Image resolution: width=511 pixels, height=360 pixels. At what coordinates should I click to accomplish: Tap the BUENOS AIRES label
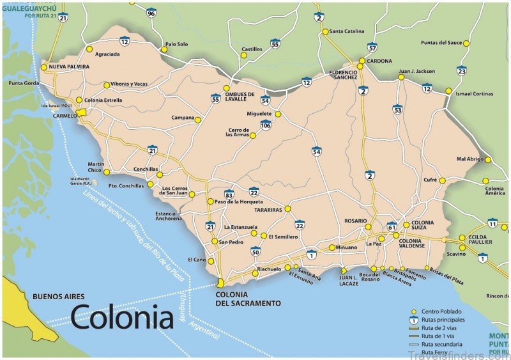click(x=59, y=297)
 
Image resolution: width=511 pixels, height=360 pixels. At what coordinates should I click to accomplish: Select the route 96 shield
click(x=151, y=12)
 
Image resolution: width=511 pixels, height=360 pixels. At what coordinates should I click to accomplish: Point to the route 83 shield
click(x=229, y=194)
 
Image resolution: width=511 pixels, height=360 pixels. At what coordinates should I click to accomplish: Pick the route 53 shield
click(x=397, y=110)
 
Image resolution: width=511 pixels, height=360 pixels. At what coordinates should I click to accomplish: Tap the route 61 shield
click(x=392, y=226)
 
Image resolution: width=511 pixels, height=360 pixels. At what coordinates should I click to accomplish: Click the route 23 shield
click(x=462, y=70)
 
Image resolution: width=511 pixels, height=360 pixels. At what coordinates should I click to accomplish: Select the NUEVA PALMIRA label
click(x=68, y=67)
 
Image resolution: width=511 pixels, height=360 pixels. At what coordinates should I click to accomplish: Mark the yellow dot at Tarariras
click(x=287, y=208)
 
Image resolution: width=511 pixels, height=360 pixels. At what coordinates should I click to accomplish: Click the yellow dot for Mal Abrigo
click(x=487, y=159)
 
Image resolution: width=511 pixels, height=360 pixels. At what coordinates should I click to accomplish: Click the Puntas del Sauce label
click(x=441, y=43)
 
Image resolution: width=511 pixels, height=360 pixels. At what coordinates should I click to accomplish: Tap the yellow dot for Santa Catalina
click(x=325, y=31)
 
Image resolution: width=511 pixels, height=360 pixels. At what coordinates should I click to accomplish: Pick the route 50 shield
click(x=255, y=251)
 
